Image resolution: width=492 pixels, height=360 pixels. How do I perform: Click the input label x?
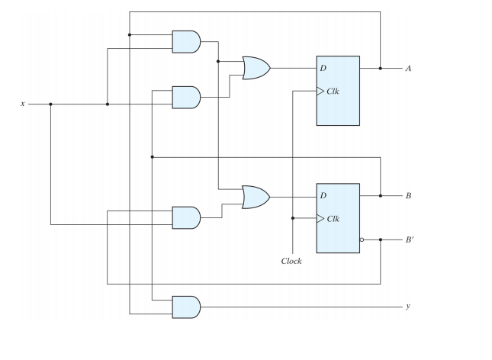click(x=24, y=104)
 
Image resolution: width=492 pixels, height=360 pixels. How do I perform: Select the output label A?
click(x=408, y=69)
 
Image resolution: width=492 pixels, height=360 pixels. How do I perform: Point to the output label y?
click(x=408, y=307)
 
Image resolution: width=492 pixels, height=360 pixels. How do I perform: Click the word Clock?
click(x=291, y=261)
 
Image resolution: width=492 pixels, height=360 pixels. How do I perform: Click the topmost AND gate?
click(x=186, y=41)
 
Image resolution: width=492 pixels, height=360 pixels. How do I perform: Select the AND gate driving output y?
click(x=186, y=307)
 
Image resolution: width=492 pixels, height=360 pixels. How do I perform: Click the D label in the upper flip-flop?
click(x=323, y=69)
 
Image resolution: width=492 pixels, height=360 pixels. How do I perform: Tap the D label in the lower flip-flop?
click(x=323, y=196)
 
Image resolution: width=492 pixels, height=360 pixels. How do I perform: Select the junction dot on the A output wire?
click(x=380, y=69)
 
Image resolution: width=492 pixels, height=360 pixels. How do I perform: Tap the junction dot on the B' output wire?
click(x=380, y=239)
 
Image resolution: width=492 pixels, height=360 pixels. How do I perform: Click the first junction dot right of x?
click(x=50, y=104)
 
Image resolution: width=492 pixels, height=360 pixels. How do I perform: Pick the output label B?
click(x=408, y=196)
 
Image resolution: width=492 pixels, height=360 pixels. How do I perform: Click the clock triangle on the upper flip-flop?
click(x=320, y=91)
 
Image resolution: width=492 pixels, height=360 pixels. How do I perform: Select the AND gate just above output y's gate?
click(x=186, y=217)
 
